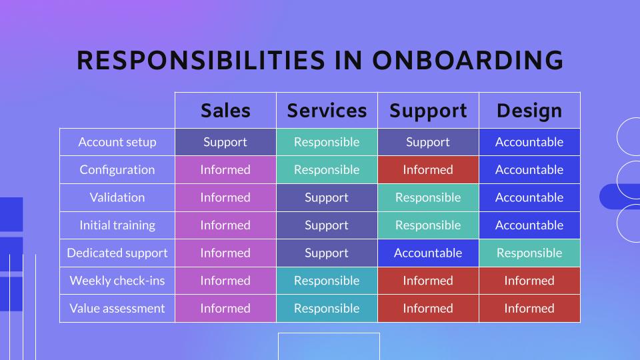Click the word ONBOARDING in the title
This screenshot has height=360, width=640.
tap(468, 61)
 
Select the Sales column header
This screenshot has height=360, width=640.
tap(226, 111)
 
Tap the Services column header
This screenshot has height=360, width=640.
tap(327, 111)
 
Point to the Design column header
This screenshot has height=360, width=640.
tap(529, 111)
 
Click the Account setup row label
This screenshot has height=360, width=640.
tap(117, 142)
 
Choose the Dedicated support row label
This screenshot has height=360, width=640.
tap(117, 253)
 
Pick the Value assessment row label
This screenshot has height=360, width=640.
tap(117, 309)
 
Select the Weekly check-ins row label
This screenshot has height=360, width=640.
tap(117, 281)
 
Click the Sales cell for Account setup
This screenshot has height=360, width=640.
tap(226, 142)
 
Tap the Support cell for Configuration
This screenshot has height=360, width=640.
tap(428, 170)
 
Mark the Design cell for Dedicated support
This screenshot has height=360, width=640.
tap(529, 253)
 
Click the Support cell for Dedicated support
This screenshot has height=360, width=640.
tap(428, 253)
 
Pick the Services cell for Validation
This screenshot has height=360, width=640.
tap(327, 197)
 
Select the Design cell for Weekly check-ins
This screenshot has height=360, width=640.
tap(529, 281)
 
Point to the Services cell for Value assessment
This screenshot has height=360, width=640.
tap(327, 309)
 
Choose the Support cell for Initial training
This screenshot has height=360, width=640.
tap(428, 225)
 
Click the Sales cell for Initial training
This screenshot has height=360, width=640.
tap(226, 225)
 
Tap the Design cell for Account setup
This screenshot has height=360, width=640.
tap(529, 142)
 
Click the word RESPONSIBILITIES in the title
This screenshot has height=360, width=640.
tap(201, 61)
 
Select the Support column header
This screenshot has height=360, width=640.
tap(428, 111)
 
